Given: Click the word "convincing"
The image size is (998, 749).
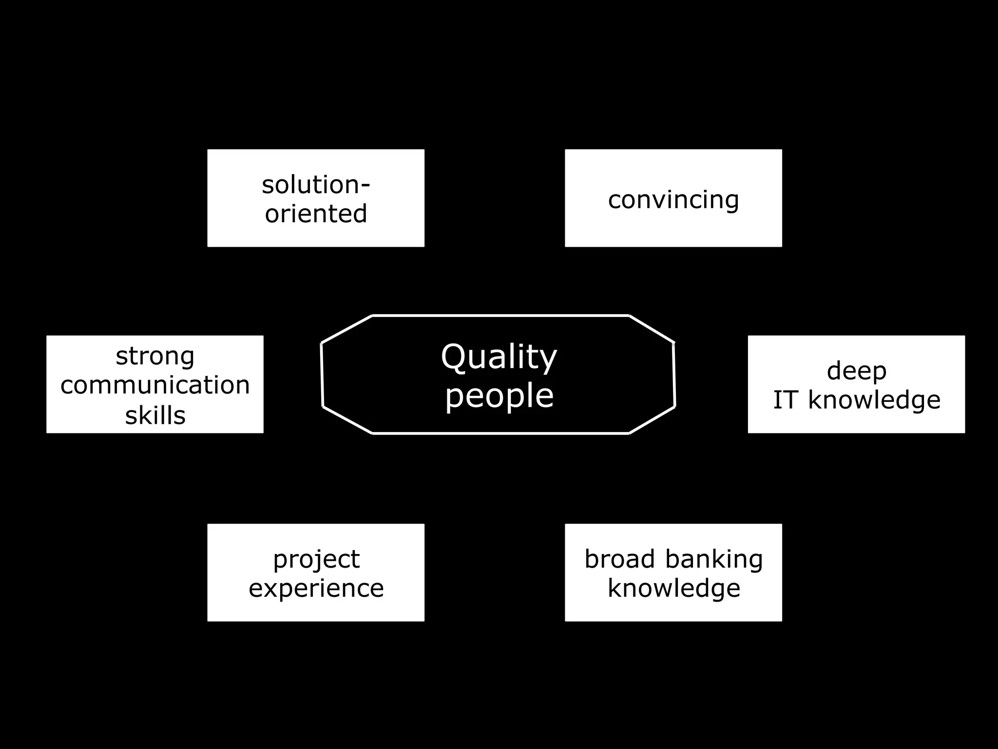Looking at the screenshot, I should point(673,200).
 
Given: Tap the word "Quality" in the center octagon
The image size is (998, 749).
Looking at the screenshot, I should point(499,357).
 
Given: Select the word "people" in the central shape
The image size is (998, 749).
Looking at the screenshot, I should point(499,396).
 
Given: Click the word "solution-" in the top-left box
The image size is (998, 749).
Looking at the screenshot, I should point(316,185).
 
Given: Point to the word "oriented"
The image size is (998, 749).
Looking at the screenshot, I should point(316,214).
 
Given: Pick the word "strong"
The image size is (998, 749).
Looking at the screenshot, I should point(155,356).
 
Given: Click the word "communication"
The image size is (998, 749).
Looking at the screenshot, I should point(155,385).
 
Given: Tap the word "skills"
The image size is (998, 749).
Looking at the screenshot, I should point(155,415).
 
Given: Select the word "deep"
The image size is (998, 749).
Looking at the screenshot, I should point(856,372).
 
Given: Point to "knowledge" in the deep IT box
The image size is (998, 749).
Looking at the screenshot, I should point(874,400).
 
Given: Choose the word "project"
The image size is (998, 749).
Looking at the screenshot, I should point(316,559).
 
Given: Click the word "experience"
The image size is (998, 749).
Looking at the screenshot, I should point(316,588).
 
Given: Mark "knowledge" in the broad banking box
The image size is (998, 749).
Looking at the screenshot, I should point(673,588).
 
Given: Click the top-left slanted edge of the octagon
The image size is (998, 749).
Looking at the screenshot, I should point(346,330).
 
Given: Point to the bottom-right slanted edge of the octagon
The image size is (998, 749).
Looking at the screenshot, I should point(652,419).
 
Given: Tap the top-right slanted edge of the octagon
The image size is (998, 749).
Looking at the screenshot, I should point(652,329).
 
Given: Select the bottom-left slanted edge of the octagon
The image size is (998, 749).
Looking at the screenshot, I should point(347,419).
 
